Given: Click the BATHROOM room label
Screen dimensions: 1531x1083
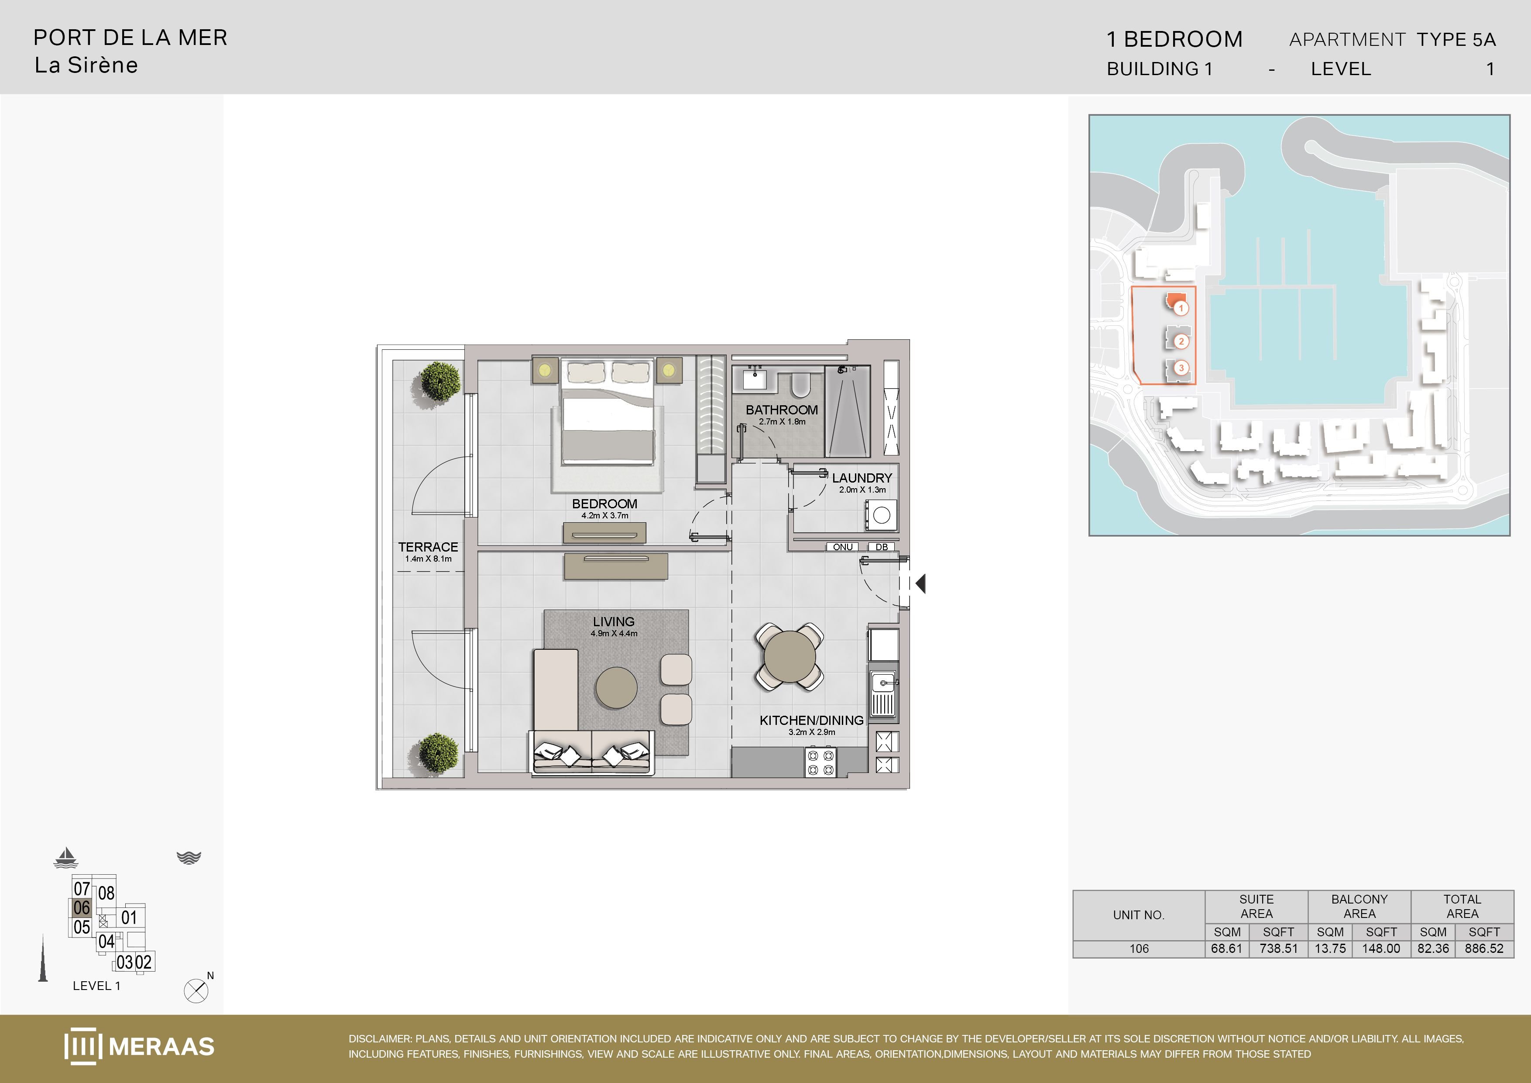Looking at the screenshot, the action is click(782, 410).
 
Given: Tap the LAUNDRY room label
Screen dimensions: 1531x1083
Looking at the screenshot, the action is click(862, 478).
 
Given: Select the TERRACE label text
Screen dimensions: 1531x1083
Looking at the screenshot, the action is click(428, 546).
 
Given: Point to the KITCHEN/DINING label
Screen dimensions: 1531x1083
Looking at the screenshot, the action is click(811, 720).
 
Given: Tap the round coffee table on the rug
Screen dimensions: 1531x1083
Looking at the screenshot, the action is click(616, 687).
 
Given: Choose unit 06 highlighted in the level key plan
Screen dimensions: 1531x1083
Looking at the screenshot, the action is click(81, 907).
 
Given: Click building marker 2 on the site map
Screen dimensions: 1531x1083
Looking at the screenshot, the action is click(1181, 341).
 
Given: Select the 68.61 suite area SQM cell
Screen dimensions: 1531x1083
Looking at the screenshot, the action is click(1227, 948).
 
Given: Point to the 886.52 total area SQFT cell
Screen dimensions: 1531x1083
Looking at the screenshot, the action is click(1484, 948).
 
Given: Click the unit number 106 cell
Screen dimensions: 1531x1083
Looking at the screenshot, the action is click(1139, 948).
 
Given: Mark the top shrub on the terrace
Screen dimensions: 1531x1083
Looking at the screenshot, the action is click(440, 381).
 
